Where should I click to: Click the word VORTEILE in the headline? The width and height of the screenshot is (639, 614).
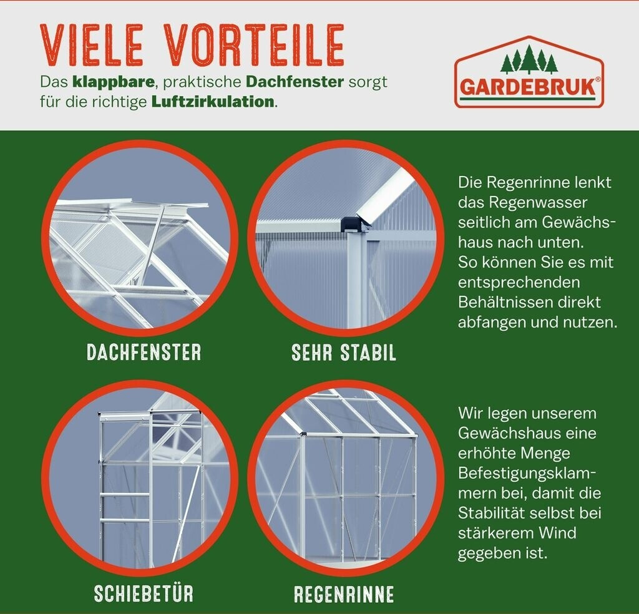pyautogui.click(x=256, y=44)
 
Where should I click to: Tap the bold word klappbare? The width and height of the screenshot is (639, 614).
pyautogui.click(x=114, y=82)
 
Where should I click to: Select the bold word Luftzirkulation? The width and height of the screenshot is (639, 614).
pyautogui.click(x=213, y=102)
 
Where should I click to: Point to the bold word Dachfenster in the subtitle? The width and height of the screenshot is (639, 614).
pyautogui.click(x=295, y=82)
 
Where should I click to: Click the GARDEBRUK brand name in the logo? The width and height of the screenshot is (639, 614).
pyautogui.click(x=528, y=87)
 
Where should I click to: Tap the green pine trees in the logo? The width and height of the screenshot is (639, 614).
pyautogui.click(x=529, y=59)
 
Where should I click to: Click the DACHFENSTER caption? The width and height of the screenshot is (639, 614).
pyautogui.click(x=144, y=353)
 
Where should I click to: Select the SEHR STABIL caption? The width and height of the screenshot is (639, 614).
pyautogui.click(x=344, y=353)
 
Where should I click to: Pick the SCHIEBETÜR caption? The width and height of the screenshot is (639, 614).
pyautogui.click(x=144, y=593)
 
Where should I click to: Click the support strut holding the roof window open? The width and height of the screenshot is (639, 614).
pyautogui.click(x=154, y=244)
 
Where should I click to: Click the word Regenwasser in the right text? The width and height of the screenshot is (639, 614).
pyautogui.click(x=539, y=203)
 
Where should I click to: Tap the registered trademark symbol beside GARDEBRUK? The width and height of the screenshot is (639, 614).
pyautogui.click(x=598, y=79)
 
